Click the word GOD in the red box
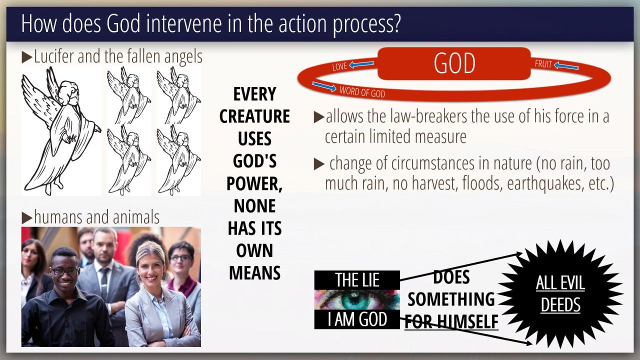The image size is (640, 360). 454,63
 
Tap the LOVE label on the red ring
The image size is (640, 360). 339,66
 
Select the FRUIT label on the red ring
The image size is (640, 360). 543,63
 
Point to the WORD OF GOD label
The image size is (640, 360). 362,92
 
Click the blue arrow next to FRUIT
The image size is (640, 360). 566,66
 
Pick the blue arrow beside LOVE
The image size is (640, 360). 361,64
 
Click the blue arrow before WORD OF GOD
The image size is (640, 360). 324,86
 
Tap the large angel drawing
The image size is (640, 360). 61,131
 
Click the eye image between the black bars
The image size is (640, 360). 357,299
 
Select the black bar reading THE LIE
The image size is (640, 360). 357,280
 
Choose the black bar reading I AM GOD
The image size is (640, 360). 357,319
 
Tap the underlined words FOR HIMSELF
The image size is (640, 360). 451,321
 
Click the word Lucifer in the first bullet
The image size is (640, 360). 54,56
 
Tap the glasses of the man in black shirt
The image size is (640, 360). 64,271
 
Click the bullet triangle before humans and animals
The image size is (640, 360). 27,218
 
